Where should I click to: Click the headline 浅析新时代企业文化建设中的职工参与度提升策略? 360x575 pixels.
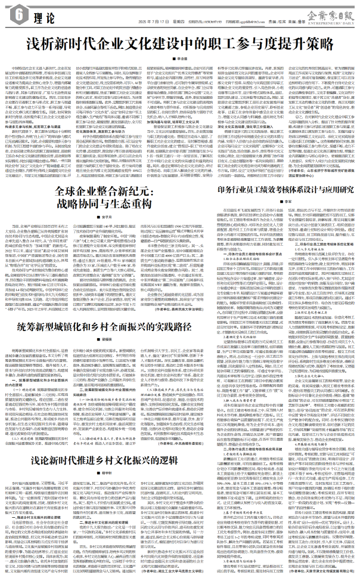coord(179,44)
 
